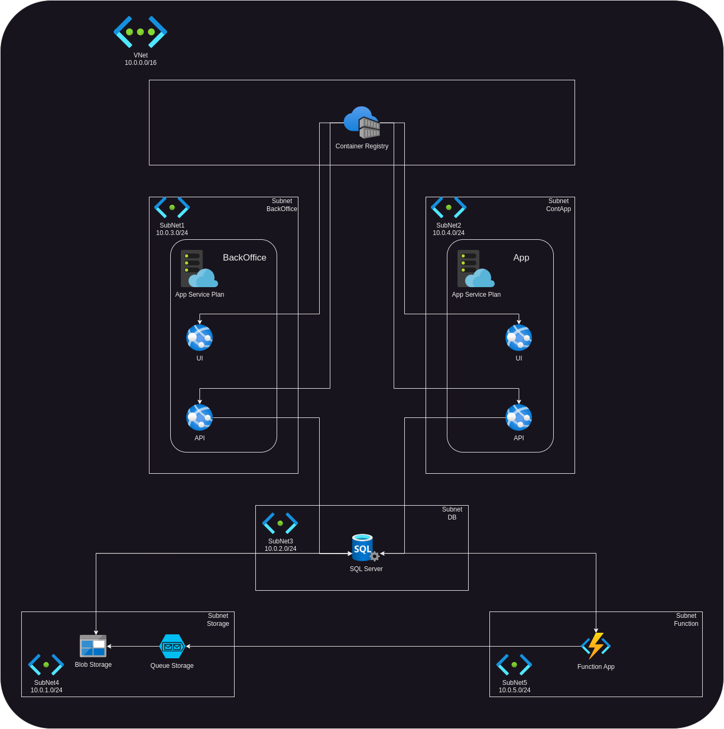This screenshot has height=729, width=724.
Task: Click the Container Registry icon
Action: click(x=362, y=122)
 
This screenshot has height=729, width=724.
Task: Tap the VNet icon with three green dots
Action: click(x=140, y=32)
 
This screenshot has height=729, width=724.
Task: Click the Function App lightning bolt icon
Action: click(x=596, y=646)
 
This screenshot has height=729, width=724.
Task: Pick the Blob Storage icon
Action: click(x=93, y=646)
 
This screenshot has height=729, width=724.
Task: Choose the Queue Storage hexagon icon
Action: click(x=172, y=647)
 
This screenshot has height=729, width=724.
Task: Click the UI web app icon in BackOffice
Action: click(x=199, y=338)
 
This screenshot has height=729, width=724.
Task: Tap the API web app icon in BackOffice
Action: click(x=199, y=417)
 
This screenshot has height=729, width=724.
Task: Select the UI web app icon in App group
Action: click(x=519, y=338)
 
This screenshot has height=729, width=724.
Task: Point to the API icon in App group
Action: click(x=519, y=417)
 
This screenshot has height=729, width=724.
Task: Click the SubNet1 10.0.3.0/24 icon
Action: click(x=172, y=207)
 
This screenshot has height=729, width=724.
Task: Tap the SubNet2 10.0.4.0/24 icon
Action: click(x=448, y=207)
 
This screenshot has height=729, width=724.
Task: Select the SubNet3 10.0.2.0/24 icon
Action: click(x=280, y=523)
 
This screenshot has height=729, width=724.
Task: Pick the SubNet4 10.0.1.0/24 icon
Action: click(x=46, y=665)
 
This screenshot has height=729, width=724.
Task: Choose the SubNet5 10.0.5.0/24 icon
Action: click(x=514, y=665)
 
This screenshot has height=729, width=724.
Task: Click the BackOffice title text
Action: click(x=245, y=258)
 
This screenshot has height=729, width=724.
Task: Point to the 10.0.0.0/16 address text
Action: click(x=140, y=63)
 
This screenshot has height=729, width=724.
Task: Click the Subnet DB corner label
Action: click(x=452, y=513)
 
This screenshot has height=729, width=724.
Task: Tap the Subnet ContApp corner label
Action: click(x=559, y=205)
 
